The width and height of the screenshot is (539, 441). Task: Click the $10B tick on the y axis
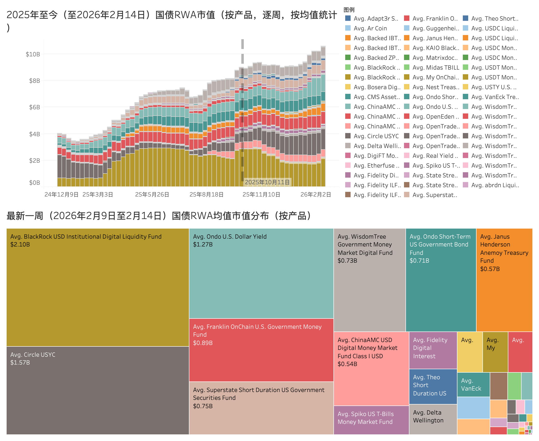click(x=33, y=54)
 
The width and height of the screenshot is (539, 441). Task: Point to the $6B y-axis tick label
click(x=34, y=107)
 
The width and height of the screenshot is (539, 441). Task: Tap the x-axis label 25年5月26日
click(x=152, y=195)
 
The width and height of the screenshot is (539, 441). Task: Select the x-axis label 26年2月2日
click(x=316, y=195)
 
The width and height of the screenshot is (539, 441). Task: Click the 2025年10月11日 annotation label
click(x=267, y=182)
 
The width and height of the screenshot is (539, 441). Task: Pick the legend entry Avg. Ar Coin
click(x=370, y=28)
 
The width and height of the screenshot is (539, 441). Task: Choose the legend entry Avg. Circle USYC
click(x=376, y=136)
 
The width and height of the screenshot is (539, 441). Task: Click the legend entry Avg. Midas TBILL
click(x=436, y=68)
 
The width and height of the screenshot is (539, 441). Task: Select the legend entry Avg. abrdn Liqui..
click(x=495, y=185)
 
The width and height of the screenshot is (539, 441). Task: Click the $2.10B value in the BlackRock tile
click(x=20, y=244)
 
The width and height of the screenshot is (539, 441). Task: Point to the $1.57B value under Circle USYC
click(x=20, y=363)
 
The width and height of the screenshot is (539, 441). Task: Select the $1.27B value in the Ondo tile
click(x=203, y=244)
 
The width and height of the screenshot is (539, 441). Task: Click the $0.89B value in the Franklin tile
click(x=203, y=343)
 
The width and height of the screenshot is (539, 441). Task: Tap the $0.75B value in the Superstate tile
click(x=203, y=406)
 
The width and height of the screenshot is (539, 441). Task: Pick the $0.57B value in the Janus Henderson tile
click(x=490, y=269)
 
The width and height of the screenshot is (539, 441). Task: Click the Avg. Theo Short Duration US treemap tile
click(x=433, y=386)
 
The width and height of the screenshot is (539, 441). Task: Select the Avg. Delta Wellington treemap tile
click(x=433, y=419)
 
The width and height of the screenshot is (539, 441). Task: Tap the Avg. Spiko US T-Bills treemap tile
click(x=371, y=420)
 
